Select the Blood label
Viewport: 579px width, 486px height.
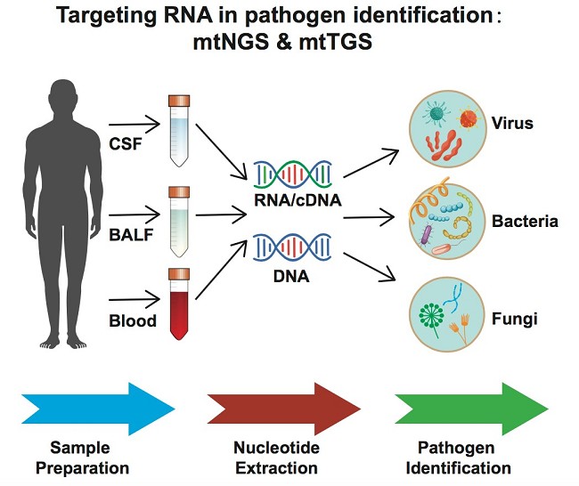133,320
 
